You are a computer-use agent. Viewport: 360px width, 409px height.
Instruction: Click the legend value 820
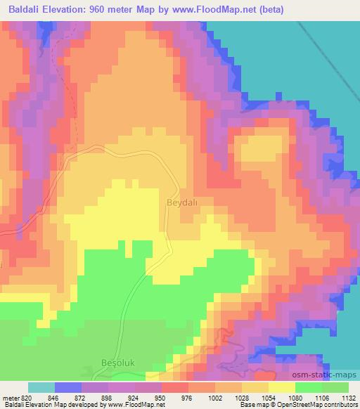[24, 398]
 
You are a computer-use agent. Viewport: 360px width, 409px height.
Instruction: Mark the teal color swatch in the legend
[41, 387]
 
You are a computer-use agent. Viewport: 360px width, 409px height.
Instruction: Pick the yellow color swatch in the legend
[281, 387]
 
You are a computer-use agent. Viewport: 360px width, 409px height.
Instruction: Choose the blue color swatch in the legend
[68, 387]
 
